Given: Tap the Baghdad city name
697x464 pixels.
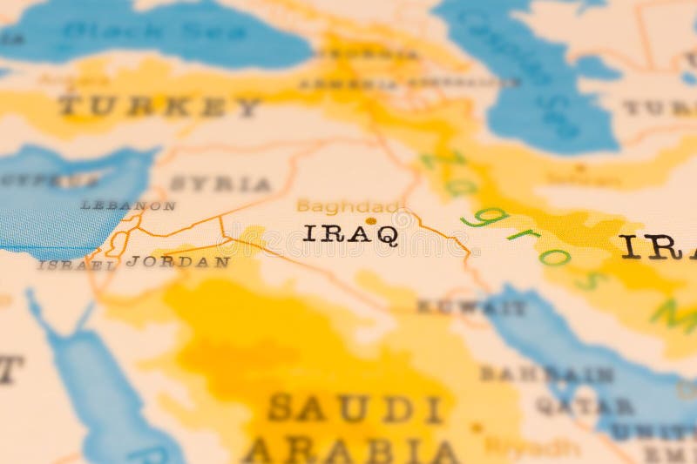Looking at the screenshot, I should [x=347, y=206].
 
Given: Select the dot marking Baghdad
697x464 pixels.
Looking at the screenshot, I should [x=371, y=221].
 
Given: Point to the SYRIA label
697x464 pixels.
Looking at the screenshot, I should [x=220, y=184].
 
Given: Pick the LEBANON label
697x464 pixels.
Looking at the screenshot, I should [x=128, y=205].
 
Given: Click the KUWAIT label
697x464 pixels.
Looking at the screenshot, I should [x=470, y=307].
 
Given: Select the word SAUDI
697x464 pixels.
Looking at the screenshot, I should [x=355, y=407].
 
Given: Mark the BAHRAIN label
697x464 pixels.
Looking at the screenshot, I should [x=546, y=373].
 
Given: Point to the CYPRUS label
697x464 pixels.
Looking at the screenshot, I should [x=48, y=180].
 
